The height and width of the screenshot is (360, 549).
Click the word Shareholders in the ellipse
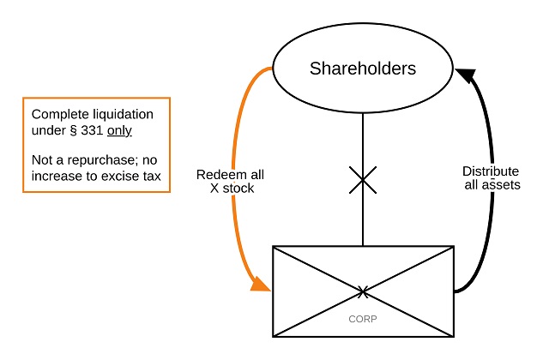364,69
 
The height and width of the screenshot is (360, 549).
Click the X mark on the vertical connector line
364,182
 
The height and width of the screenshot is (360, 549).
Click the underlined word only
119,130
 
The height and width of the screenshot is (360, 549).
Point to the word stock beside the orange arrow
238,188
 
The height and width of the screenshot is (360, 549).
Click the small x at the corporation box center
363,292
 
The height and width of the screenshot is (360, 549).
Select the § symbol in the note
74,130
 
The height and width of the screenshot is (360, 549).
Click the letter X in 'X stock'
214,188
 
